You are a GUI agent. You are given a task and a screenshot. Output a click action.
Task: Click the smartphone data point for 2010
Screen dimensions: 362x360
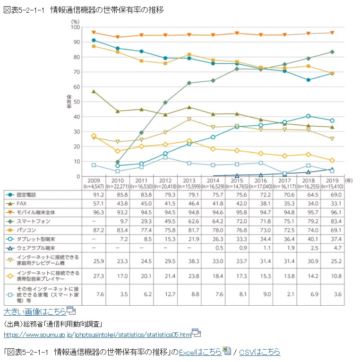[x=118, y=162]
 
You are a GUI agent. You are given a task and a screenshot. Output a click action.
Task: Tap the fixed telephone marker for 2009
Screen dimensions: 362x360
[x=94, y=40]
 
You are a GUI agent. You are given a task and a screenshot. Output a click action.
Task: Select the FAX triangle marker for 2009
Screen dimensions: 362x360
[x=94, y=91]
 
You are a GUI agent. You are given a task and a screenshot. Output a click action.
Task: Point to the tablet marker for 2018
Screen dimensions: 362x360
[x=308, y=116]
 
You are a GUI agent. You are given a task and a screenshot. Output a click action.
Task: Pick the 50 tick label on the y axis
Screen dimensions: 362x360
[x=77, y=102]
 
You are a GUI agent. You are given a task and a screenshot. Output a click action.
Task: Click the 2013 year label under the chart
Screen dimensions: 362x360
[x=189, y=181]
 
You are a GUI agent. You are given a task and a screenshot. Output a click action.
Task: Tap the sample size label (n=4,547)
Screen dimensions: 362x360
[x=94, y=187]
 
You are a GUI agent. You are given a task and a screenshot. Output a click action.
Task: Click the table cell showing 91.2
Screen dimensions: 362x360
[x=94, y=195]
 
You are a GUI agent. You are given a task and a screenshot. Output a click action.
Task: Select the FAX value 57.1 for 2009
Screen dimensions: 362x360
[x=94, y=204]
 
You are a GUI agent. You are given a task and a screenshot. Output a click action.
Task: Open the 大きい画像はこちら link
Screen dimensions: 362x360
[x=34, y=311]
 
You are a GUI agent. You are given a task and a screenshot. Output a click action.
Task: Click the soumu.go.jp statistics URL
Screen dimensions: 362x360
[x=97, y=335]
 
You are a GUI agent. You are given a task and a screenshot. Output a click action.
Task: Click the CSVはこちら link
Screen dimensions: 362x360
[x=259, y=352]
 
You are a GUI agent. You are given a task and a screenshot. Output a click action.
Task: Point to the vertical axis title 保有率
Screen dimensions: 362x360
[x=68, y=102]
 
